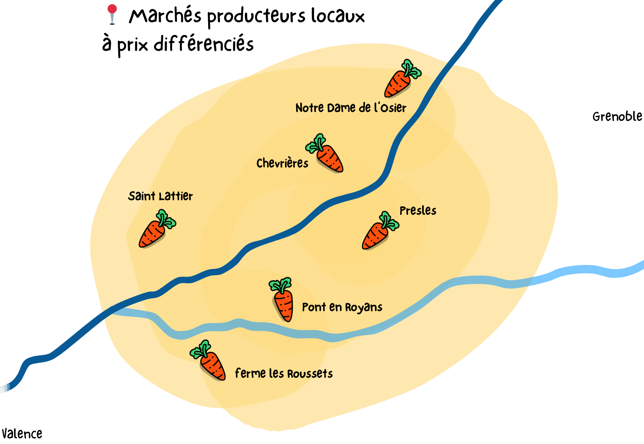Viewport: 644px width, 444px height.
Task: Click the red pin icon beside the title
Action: (112, 14)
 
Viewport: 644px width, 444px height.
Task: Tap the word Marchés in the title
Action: (165, 16)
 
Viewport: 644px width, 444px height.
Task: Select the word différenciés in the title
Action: (204, 44)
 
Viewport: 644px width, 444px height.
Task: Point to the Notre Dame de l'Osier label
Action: (350, 108)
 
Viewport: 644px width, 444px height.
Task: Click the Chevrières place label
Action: (282, 163)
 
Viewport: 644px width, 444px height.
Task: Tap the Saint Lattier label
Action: (160, 196)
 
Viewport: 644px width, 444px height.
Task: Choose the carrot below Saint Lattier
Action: (155, 229)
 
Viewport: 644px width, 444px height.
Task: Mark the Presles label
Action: (418, 211)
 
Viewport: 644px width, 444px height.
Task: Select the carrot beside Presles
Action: (379, 231)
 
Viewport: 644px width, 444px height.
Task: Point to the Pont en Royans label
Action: (342, 307)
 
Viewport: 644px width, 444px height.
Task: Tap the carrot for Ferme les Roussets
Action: (209, 360)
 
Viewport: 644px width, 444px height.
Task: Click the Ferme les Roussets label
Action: (284, 373)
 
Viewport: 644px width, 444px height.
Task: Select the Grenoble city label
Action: (617, 116)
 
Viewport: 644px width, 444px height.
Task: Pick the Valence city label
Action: (22, 434)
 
